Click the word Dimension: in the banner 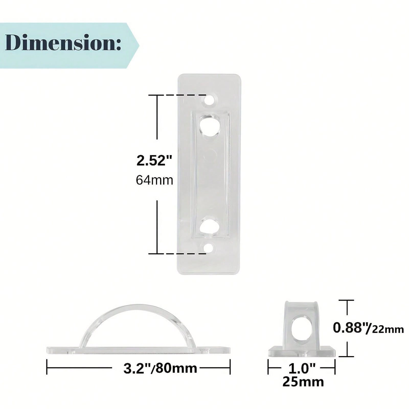coord(63,43)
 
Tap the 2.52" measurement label coord(154,161)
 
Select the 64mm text coord(154,180)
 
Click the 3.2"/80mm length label coord(160,368)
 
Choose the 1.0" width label coord(302,368)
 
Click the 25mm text coord(303,382)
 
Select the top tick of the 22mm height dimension coord(347,300)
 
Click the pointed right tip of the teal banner coord(139,46)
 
